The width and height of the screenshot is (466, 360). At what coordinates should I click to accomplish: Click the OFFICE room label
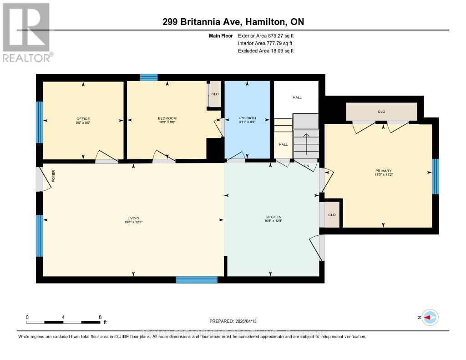pos(83,119)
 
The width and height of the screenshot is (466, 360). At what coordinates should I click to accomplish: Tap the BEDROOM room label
pos(167,119)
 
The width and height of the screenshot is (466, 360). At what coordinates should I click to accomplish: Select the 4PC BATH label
pos(247,119)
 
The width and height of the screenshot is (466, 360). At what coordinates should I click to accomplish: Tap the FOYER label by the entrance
pos(53,176)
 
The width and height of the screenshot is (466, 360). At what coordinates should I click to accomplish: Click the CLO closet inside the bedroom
pos(215,94)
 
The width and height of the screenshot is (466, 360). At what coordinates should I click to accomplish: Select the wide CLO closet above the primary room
pos(381,112)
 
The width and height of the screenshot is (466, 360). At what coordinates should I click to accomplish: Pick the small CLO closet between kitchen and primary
pos(332,215)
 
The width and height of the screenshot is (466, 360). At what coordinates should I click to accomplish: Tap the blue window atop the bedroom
pos(148,77)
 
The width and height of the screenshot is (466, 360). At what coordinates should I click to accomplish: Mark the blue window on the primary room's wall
pos(436,176)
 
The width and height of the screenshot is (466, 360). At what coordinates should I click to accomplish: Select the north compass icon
pos(430,317)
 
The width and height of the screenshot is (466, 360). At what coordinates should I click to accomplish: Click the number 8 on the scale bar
pos(100,317)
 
